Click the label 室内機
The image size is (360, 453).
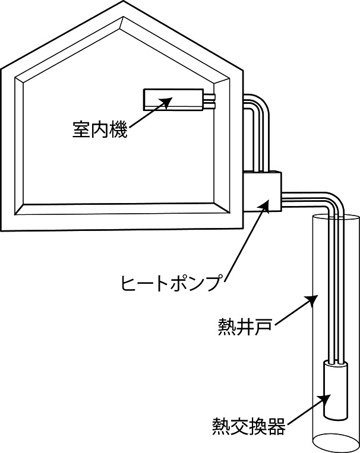pyautogui.click(x=99, y=129)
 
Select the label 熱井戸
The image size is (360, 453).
pyautogui.click(x=245, y=327)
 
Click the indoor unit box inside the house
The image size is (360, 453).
pyautogui.click(x=173, y=100)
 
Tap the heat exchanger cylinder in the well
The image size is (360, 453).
pyautogui.click(x=336, y=390)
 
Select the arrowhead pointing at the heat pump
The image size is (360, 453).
pyautogui.click(x=264, y=206)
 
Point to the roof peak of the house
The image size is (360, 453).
pyautogui.click(x=124, y=1)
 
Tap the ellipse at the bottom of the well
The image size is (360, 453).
pyautogui.click(x=335, y=443)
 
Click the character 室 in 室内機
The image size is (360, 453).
pyautogui.click(x=81, y=129)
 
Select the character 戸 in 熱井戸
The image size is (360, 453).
pyautogui.click(x=263, y=327)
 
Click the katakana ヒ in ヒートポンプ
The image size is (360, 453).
pyautogui.click(x=129, y=282)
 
